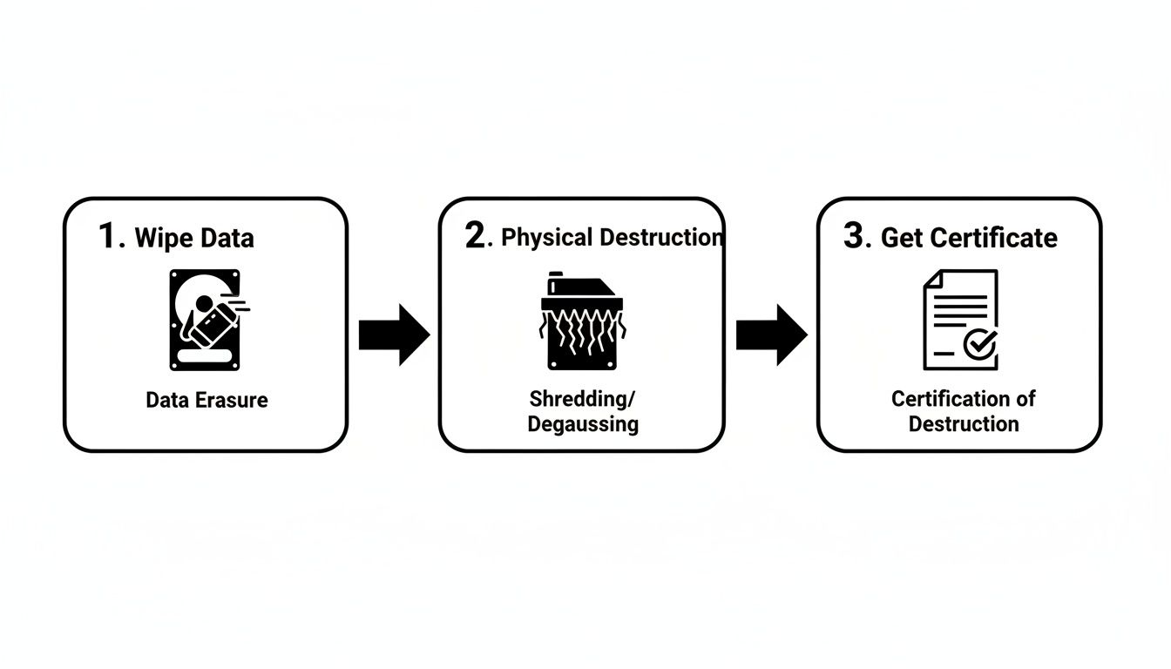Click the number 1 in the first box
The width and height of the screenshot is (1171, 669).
tap(109, 236)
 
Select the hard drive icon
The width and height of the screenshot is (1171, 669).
tap(205, 320)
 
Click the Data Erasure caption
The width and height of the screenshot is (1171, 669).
tap(206, 400)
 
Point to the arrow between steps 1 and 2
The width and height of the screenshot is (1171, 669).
tap(394, 334)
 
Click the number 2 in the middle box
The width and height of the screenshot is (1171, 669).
tap(476, 236)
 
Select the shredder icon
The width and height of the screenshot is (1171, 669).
tap(582, 322)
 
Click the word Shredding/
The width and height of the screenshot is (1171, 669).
tap(582, 399)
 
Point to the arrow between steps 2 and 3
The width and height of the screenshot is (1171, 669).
tap(771, 334)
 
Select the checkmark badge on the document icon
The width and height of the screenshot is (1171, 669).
tap(980, 345)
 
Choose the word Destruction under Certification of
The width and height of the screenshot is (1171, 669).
tap(963, 424)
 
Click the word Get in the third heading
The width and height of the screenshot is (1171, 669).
tap(901, 238)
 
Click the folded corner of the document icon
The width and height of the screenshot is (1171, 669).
tap(933, 280)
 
